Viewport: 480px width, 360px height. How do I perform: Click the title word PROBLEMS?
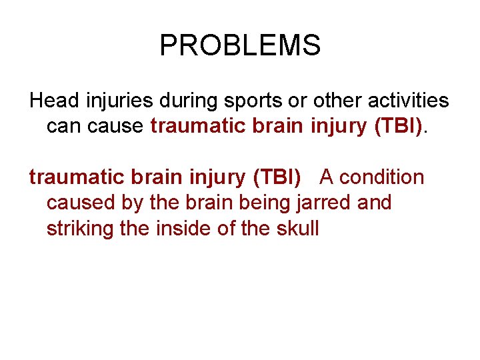tap(240, 45)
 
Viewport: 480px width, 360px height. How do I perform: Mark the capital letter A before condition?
tap(327, 177)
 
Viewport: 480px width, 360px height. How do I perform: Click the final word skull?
tap(297, 228)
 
